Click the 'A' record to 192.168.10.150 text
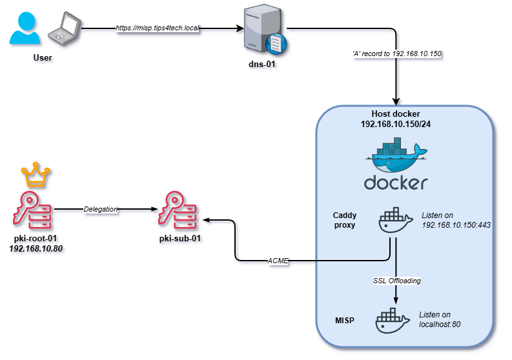coord(393,53)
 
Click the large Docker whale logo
coord(396,157)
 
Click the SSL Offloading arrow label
coord(395,281)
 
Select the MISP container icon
coord(393,321)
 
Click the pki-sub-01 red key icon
coord(179,208)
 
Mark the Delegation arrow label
coord(100,209)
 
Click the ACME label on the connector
coord(278,261)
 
